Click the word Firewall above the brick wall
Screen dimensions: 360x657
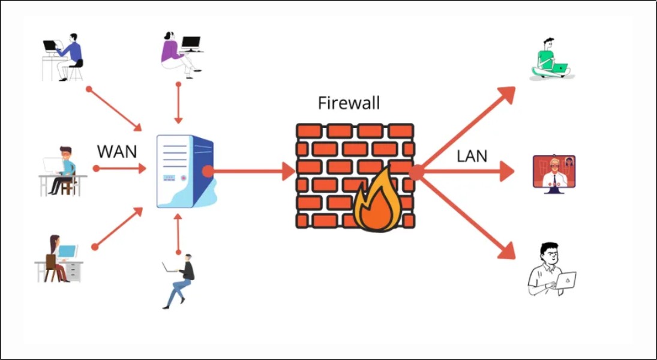349,103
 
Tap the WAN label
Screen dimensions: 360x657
117,152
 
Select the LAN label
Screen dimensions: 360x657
472,156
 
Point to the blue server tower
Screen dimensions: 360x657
184,172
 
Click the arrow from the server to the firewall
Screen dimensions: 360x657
252,172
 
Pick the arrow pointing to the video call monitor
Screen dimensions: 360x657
468,172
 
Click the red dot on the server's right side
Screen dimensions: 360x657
208,172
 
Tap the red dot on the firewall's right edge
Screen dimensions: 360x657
416,172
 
